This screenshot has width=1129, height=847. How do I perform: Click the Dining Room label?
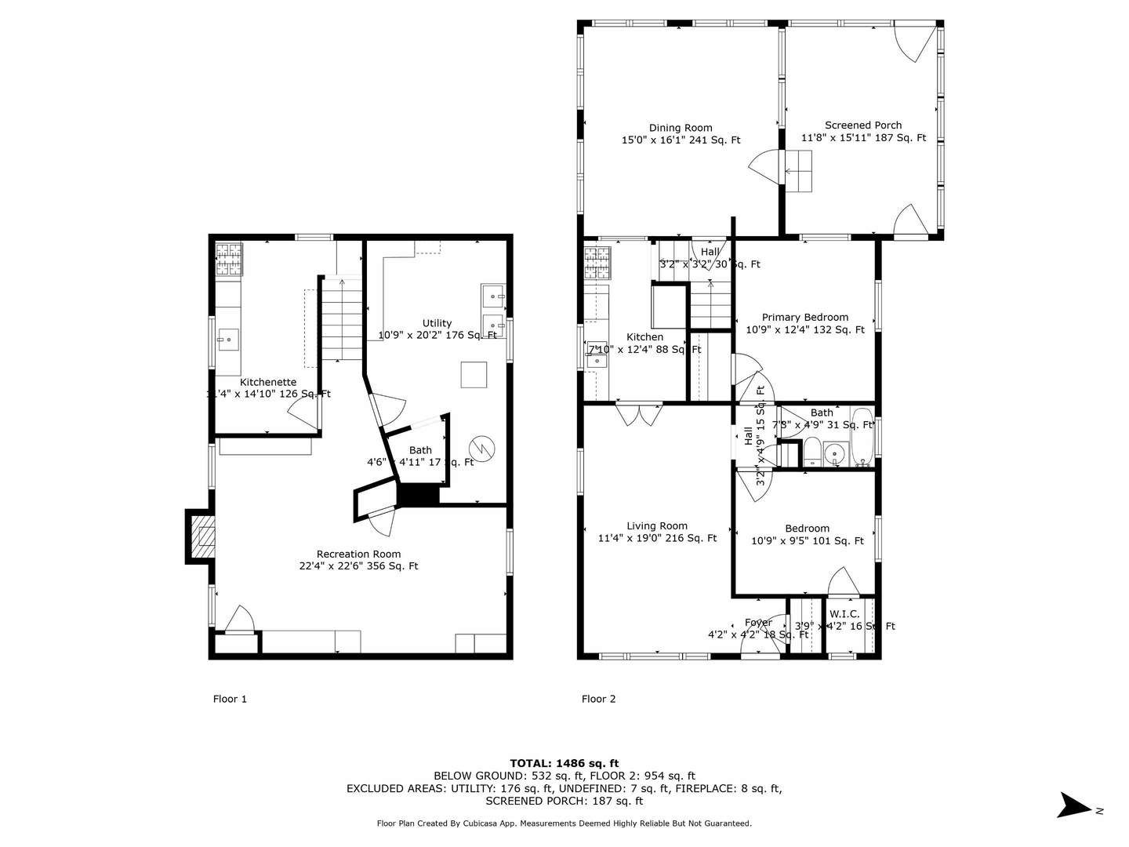pyautogui.click(x=681, y=128)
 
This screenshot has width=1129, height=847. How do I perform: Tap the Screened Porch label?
pyautogui.click(x=863, y=125)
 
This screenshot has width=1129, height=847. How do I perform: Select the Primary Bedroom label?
pyautogui.click(x=804, y=318)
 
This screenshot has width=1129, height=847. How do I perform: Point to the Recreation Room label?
pyautogui.click(x=358, y=554)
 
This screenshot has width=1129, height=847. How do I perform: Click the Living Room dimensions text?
pyautogui.click(x=657, y=539)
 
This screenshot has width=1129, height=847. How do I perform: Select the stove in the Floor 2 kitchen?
pyautogui.click(x=597, y=263)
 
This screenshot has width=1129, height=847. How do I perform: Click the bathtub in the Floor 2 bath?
pyautogui.click(x=862, y=438)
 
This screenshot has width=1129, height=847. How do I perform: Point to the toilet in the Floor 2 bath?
pyautogui.click(x=812, y=453)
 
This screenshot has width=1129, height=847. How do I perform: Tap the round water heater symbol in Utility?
pyautogui.click(x=481, y=449)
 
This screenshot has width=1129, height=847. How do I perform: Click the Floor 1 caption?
pyautogui.click(x=230, y=699)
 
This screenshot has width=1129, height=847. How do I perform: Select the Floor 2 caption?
pyautogui.click(x=598, y=699)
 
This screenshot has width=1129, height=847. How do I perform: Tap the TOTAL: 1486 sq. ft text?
pyautogui.click(x=564, y=763)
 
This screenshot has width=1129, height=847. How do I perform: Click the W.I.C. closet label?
pyautogui.click(x=844, y=614)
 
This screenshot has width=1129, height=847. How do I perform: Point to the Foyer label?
pyautogui.click(x=758, y=623)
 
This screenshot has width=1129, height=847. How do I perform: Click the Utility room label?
pyautogui.click(x=437, y=323)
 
